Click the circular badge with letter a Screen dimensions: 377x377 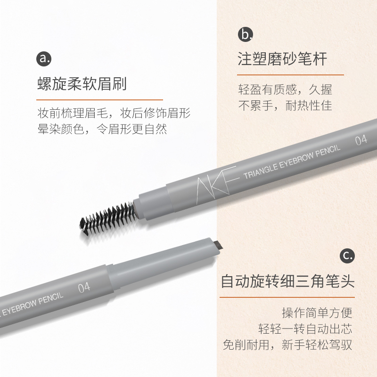pos(44,58)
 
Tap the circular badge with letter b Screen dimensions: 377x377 pos(245,34)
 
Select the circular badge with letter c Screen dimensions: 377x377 pos(347,255)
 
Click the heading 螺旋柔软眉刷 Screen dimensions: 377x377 pos(82,84)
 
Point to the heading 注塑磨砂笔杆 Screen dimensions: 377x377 pos(282,59)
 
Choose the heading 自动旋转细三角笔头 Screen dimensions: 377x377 pos(287,281)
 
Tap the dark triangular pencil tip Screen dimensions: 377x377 pos(217,246)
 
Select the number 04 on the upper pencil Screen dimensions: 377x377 pos(361,140)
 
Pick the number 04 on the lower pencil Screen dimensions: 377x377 pos(84,287)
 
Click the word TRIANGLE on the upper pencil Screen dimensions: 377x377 pos(261,171)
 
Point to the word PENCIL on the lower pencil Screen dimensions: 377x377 pos(51,299)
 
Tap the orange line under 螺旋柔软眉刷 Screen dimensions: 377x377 pos(99,99)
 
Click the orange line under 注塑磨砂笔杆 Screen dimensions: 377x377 pos(290,75)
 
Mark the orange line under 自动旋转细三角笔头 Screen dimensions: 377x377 pos(287,297)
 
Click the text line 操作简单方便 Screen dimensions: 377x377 pos(317,313)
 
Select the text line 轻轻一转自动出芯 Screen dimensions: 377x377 pos(305,328)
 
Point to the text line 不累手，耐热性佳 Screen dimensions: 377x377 pos(285,105)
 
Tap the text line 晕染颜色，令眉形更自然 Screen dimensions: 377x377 pos(102,129)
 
